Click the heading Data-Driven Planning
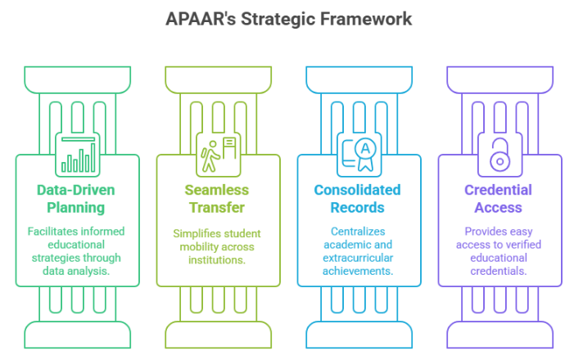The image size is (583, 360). pyautogui.click(x=78, y=199)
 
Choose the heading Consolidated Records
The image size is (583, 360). pyautogui.click(x=358, y=199)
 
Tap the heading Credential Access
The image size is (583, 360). pyautogui.click(x=499, y=199)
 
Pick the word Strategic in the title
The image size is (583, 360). pyautogui.click(x=291, y=19)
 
